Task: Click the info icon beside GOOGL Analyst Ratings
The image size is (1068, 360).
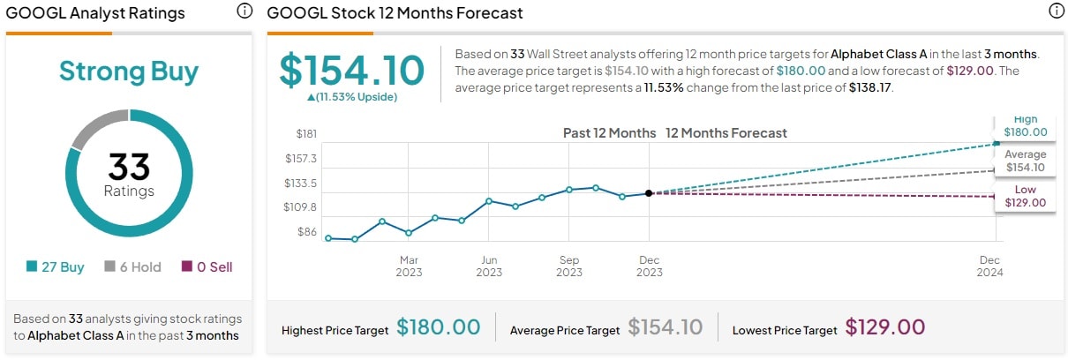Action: pyautogui.click(x=244, y=12)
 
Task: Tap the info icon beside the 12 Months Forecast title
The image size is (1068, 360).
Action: pyautogui.click(x=1056, y=11)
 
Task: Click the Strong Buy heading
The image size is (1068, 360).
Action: pyautogui.click(x=129, y=71)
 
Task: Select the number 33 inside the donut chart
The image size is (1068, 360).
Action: pyautogui.click(x=129, y=167)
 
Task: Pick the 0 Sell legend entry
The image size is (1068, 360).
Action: pyautogui.click(x=207, y=266)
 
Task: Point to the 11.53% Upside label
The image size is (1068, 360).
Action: pyautogui.click(x=351, y=97)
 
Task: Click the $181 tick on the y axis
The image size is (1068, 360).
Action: pyautogui.click(x=306, y=134)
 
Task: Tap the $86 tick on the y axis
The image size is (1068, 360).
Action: pyautogui.click(x=306, y=232)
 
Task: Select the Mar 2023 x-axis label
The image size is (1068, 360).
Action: pyautogui.click(x=409, y=266)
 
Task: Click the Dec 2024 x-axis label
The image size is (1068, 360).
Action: pyautogui.click(x=989, y=266)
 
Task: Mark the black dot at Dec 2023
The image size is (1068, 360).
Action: pyautogui.click(x=649, y=193)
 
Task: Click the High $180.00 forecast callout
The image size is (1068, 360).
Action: pyautogui.click(x=1025, y=126)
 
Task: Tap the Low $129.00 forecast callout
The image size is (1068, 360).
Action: pyautogui.click(x=1025, y=196)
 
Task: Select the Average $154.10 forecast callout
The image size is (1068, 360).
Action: pyautogui.click(x=1025, y=161)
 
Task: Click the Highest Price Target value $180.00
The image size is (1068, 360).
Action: pyautogui.click(x=438, y=328)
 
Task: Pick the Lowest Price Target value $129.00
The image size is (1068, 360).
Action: pyautogui.click(x=884, y=328)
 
